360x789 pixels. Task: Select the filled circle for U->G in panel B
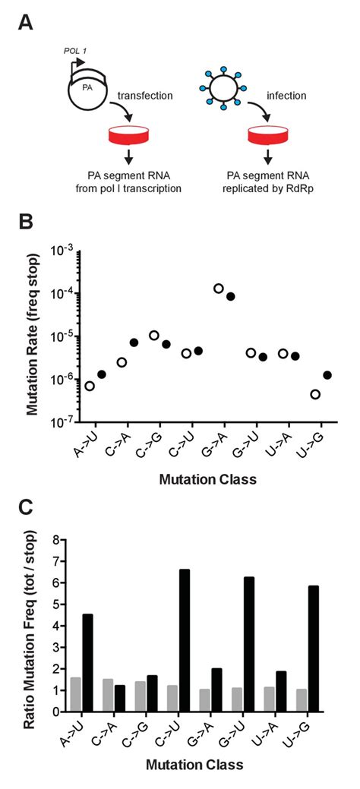point(327,375)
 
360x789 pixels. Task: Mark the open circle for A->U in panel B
point(90,386)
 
